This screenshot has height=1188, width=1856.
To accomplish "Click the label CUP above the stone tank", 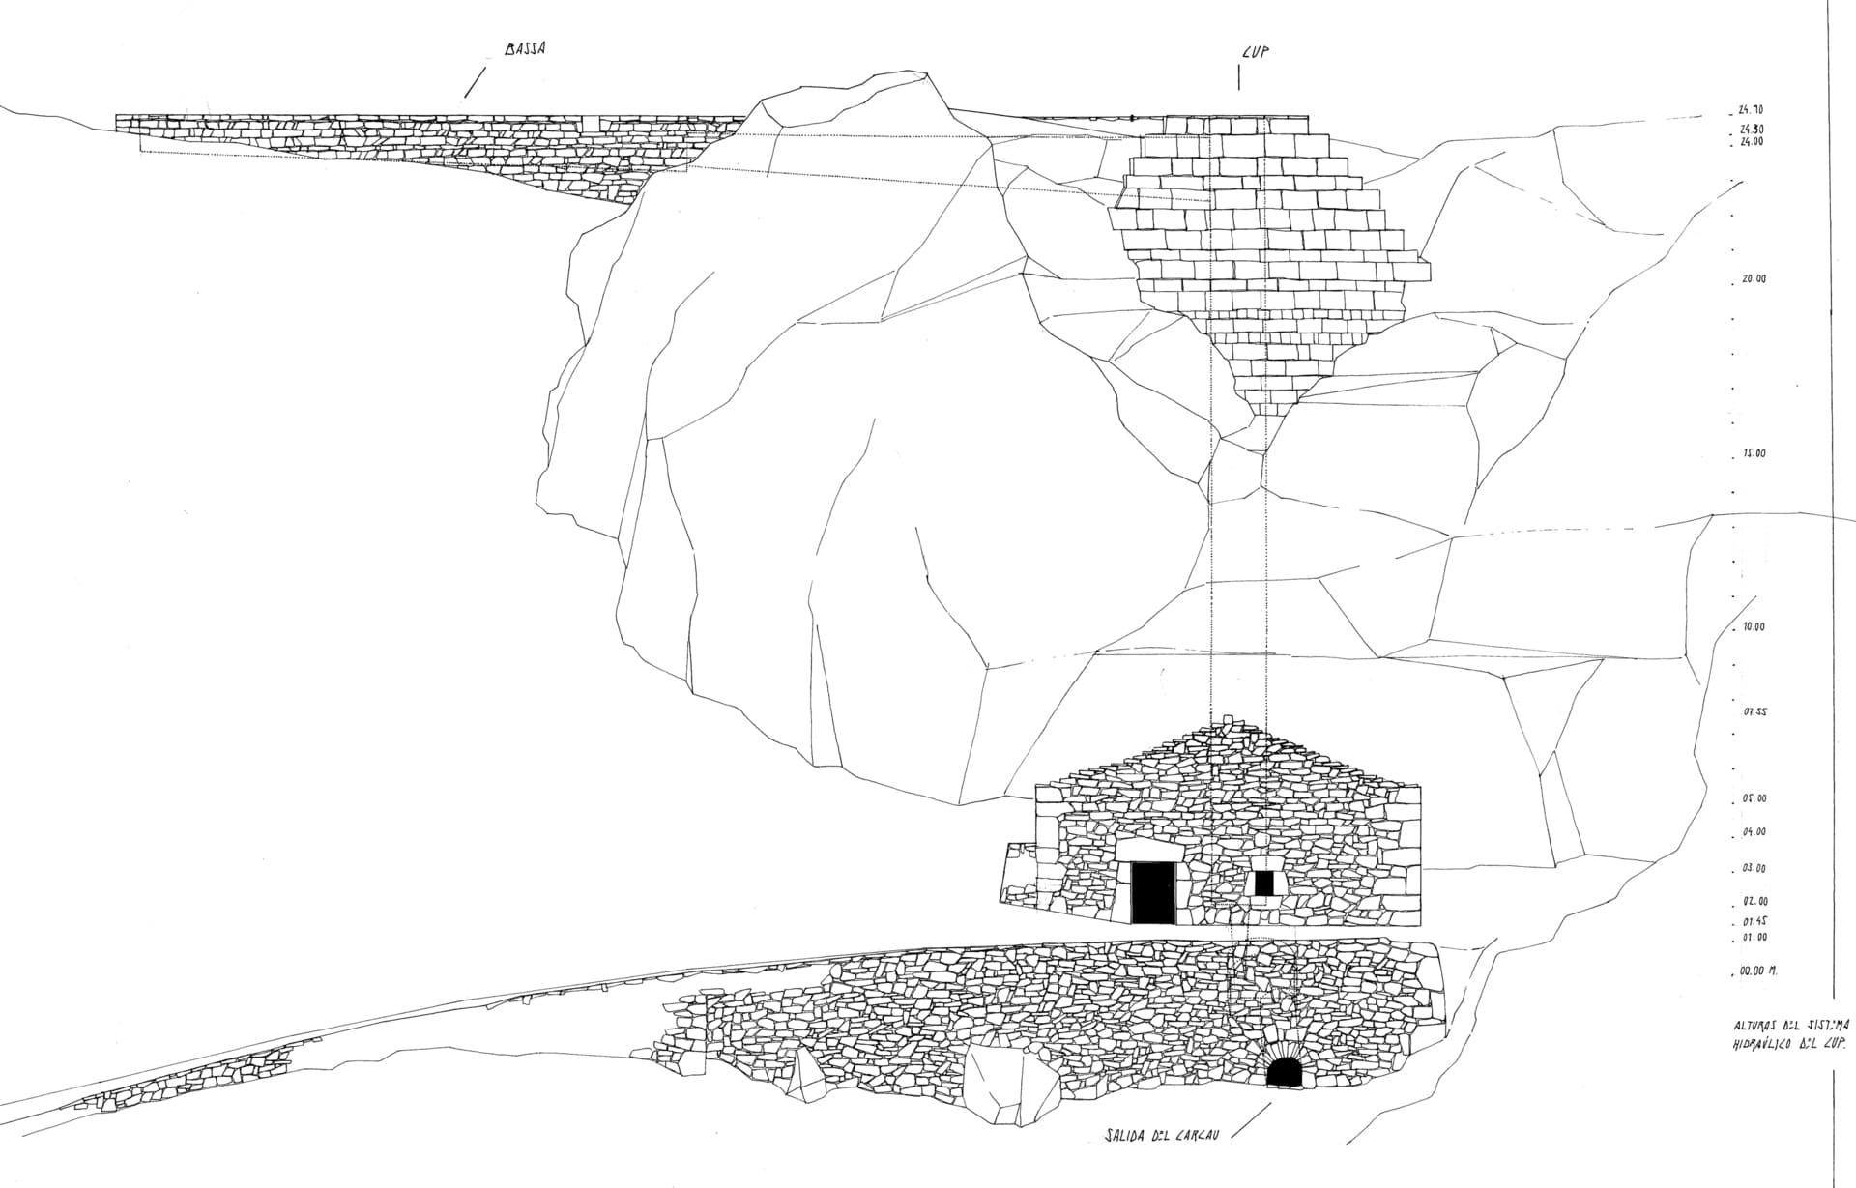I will click(1254, 53).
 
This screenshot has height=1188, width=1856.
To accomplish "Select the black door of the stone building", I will click(1152, 892).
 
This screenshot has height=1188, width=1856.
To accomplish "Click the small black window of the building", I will click(1263, 883).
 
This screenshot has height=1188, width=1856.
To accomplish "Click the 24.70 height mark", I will click(1751, 112).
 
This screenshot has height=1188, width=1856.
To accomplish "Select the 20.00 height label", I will click(1753, 279).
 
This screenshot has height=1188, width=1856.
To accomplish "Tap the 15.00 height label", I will click(1754, 453).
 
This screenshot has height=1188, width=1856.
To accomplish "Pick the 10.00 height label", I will click(1754, 627).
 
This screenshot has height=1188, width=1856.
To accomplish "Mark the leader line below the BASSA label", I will click(475, 82).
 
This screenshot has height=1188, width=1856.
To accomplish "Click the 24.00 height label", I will click(1752, 141).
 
